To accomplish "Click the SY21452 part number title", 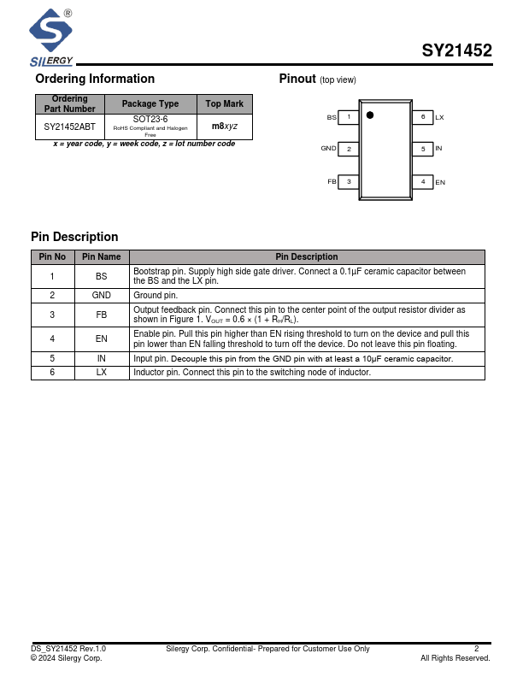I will (x=456, y=50).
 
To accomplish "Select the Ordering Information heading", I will (x=95, y=79).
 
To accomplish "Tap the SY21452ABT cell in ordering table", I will (x=69, y=127).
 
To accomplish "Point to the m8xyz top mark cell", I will (x=225, y=127).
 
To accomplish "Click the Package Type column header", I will (x=150, y=103).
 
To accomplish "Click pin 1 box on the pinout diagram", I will (x=349, y=116).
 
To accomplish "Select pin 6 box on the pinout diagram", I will (x=423, y=116).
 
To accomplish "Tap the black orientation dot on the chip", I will (x=370, y=115).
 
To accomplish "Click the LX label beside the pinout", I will (x=439, y=116).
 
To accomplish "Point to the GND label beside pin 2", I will (x=328, y=149).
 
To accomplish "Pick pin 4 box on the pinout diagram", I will (x=423, y=181).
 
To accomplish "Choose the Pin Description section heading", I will (x=74, y=237).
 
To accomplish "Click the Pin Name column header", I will (x=102, y=256).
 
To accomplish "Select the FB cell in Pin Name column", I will (x=102, y=315).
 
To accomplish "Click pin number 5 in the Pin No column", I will (x=52, y=359).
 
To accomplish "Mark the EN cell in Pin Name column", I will (x=102, y=338).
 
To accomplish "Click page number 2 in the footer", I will (x=477, y=649).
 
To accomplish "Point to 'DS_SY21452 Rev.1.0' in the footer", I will (x=68, y=649).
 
